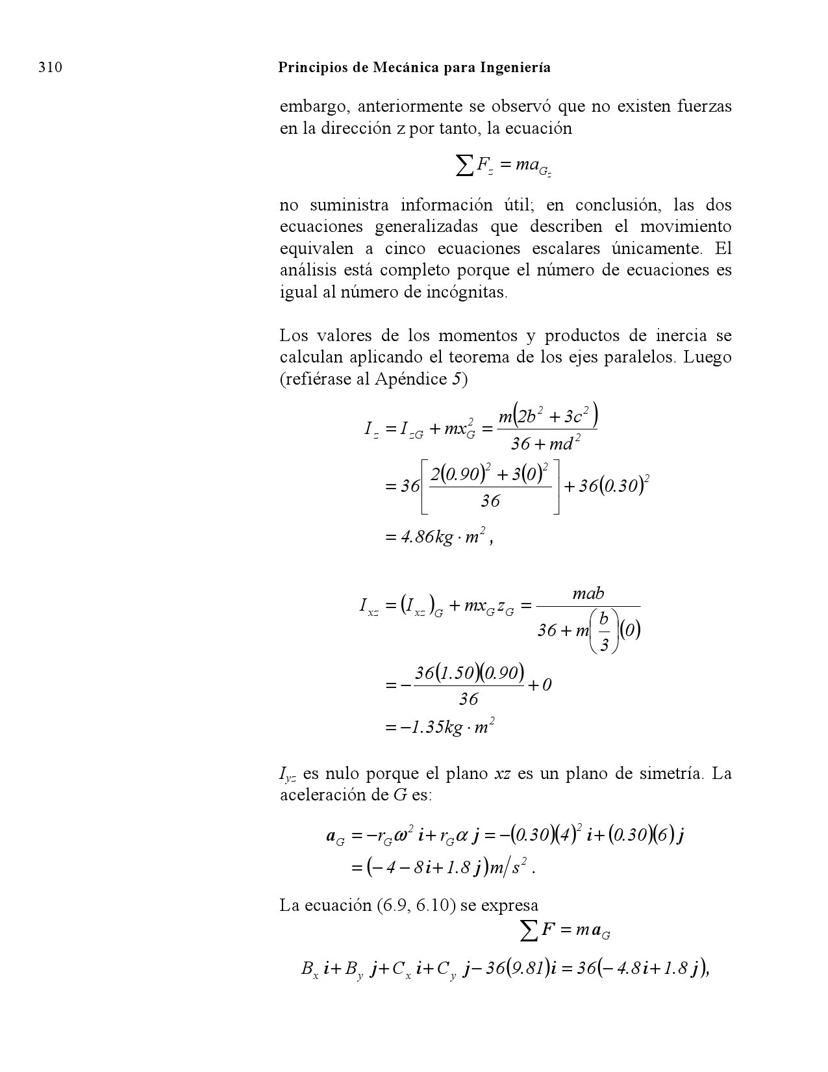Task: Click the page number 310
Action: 50,68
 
